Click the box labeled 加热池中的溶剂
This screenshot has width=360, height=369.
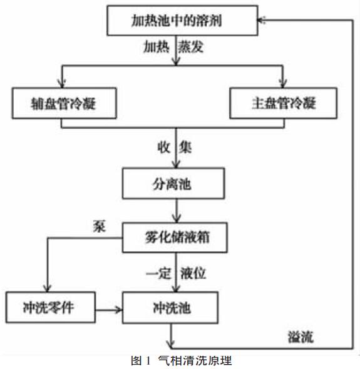coord(182,21)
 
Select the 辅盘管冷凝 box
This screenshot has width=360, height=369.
coord(64,103)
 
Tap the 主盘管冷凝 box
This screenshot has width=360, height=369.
coord(283,103)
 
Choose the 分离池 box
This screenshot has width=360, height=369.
coord(173,183)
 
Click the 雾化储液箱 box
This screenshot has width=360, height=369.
coord(175,238)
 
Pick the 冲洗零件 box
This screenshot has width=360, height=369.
coord(51,307)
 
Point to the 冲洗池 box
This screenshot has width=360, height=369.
coord(170,308)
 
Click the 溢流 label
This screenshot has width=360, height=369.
coord(301,337)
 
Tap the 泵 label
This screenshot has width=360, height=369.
coord(99,226)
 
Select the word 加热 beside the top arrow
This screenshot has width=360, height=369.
coord(157,47)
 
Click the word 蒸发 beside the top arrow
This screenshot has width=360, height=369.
coord(190,47)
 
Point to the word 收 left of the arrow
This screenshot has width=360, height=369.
coord(164,148)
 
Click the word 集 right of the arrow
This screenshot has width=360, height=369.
coord(185,148)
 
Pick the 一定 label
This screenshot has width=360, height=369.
coord(158,273)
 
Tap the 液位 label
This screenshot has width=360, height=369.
coord(193,273)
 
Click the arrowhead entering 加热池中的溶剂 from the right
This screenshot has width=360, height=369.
coord(262,20)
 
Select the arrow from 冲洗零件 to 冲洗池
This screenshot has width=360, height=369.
coord(109,310)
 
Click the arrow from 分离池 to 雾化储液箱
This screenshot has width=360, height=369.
coord(176,211)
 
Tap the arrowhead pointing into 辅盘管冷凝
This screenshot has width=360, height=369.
coord(62,84)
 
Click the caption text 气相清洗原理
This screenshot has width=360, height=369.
coord(195,360)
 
